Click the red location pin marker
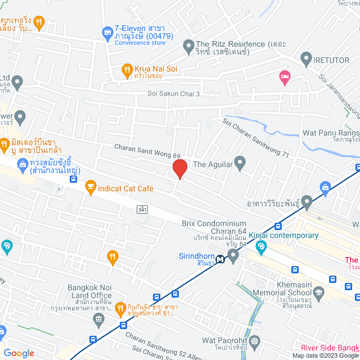[x=179, y=169]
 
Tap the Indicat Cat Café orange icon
[x=90, y=187]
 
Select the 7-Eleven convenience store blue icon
[x=107, y=33]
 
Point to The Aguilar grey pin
[x=240, y=164]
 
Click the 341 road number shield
[x=143, y=209]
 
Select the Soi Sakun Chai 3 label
[x=174, y=93]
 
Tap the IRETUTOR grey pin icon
[x=306, y=57]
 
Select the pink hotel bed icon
[x=285, y=77]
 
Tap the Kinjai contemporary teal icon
[x=261, y=246]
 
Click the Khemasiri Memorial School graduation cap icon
[x=318, y=292]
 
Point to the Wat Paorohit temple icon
[x=255, y=341]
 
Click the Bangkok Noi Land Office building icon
[x=99, y=320]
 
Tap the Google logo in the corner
[x=19, y=353]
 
